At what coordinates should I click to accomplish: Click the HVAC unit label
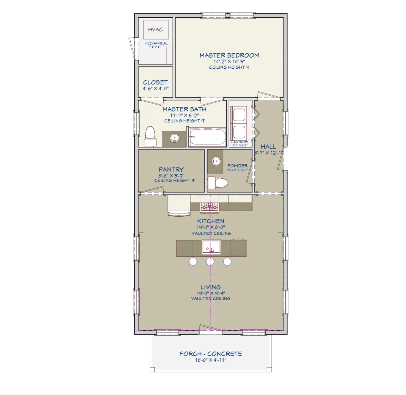155,30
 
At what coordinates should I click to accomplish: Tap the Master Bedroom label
229,55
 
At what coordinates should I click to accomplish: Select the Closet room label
155,82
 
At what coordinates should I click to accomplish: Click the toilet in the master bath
150,137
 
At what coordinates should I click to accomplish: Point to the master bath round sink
174,137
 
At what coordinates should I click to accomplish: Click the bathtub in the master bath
207,137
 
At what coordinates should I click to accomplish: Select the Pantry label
171,170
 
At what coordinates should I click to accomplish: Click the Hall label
268,146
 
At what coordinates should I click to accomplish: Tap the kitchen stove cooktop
209,207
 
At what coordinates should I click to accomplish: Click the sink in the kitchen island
211,246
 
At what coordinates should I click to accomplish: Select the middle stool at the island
210,261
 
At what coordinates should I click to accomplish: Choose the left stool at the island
193,261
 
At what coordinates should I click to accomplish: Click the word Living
211,287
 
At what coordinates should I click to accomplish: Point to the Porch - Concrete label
211,354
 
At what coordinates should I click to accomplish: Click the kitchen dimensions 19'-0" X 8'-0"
211,228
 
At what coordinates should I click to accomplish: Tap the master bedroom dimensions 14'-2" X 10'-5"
229,62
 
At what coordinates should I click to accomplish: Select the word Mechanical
156,43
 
